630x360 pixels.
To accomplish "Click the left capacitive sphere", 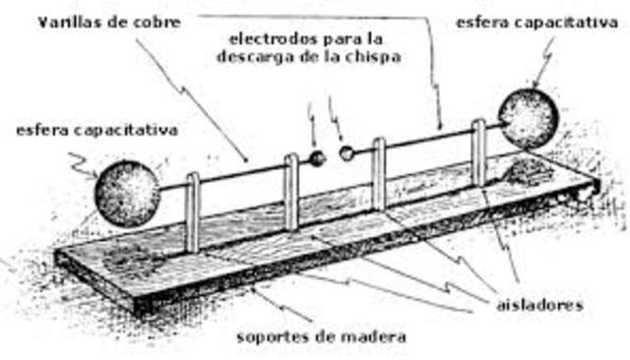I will pos(127,193).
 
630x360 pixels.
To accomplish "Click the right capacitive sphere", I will pos(528,118).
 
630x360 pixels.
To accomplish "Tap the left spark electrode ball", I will pos(317,157).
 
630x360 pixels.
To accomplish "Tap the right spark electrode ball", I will pos(346,153).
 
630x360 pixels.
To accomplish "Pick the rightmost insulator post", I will pos(478,152).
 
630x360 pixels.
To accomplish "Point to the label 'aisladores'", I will pos(539,305).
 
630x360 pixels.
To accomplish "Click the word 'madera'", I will pos(371,337).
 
